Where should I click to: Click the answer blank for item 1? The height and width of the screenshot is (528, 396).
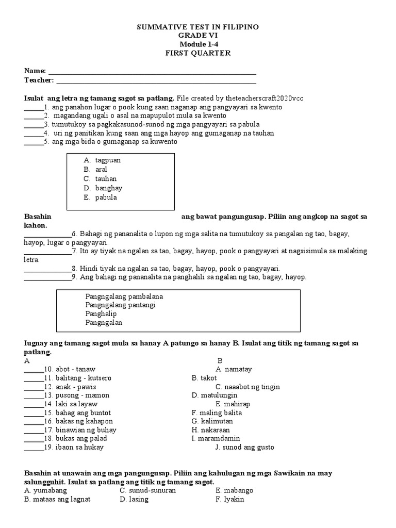[34, 107]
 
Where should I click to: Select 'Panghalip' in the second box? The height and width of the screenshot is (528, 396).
[101, 314]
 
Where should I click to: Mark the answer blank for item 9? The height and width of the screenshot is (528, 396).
[47, 277]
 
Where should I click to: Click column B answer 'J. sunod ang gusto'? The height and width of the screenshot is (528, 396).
[244, 448]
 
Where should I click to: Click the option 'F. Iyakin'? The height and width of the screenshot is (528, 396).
[230, 499]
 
